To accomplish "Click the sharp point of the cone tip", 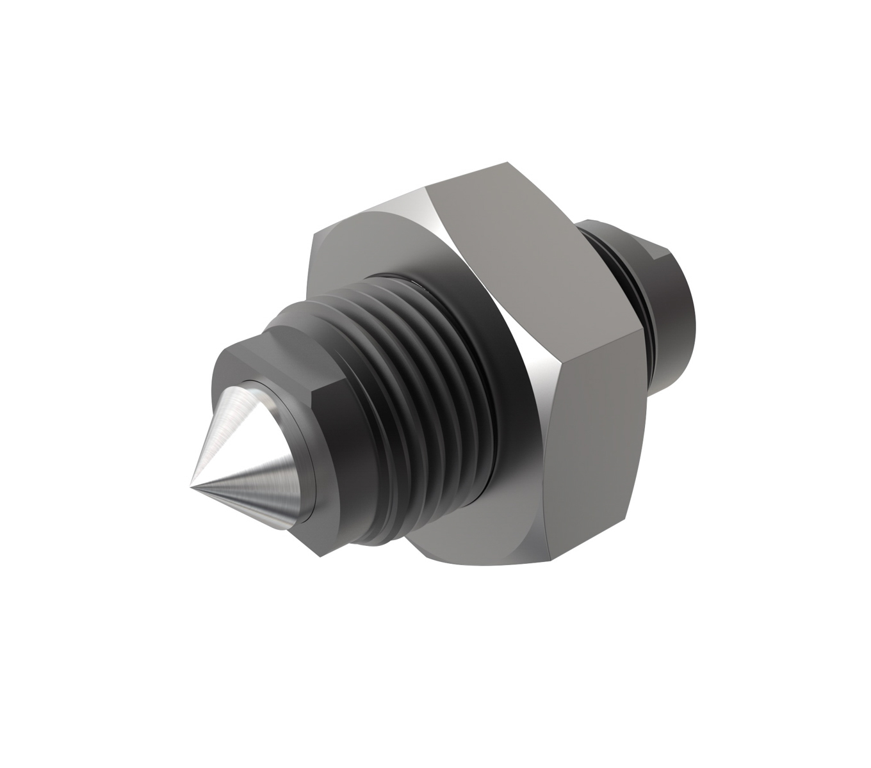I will point(191,488).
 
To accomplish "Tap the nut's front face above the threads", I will point(359,256).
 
